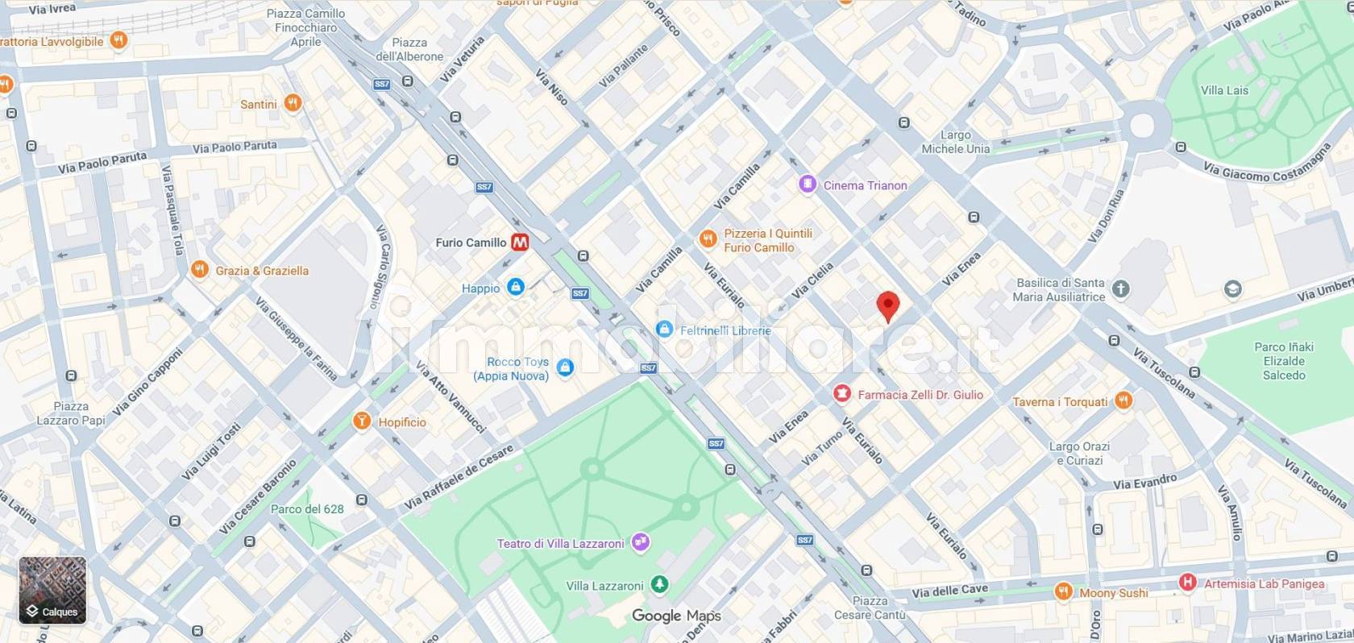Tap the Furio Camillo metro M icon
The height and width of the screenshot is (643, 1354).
[521, 242]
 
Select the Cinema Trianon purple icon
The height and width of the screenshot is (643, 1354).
[807, 185]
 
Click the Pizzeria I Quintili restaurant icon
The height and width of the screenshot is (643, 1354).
[707, 239]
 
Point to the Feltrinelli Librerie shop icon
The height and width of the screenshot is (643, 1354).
[664, 329]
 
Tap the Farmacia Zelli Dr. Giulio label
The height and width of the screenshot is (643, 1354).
[920, 395]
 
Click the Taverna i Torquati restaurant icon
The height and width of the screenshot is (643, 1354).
[1123, 400]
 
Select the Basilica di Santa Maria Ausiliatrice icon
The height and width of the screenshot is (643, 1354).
[1121, 288]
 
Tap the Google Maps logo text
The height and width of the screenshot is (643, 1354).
[676, 616]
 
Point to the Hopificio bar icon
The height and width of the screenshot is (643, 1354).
[362, 421]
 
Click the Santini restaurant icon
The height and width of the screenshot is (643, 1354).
[293, 103]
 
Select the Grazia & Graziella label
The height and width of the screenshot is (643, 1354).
[261, 271]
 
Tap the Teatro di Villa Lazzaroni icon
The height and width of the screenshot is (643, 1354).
[641, 542]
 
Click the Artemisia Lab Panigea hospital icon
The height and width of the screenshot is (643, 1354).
[1187, 583]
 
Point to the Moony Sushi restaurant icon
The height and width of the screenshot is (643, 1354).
[1063, 592]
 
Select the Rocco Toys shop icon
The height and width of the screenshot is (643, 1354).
[565, 367]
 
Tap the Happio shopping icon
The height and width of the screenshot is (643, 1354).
[516, 287]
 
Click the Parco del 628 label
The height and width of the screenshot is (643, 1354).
[307, 509]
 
